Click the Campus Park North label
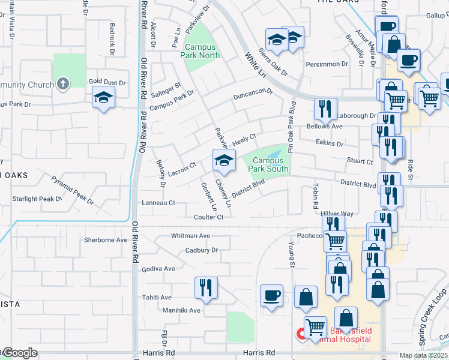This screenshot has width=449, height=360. click(202, 51)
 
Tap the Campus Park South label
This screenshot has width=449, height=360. click(270, 164)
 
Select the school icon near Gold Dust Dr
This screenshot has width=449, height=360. click(103, 98)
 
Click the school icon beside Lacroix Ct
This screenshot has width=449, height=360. click(224, 161)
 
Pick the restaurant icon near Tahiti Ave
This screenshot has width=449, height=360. click(205, 288)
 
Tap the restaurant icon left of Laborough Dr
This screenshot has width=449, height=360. click(325, 109)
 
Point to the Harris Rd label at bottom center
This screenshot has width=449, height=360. click(259, 353)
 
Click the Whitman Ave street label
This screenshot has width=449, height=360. click(190, 236)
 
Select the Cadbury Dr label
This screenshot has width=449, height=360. click(201, 250)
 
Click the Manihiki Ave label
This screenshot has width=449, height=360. click(181, 310)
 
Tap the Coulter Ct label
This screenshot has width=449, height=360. click(208, 217)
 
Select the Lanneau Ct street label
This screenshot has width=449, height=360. click(158, 203)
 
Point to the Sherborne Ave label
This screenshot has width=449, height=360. click(106, 240)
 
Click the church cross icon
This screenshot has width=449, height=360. click(63, 84)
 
